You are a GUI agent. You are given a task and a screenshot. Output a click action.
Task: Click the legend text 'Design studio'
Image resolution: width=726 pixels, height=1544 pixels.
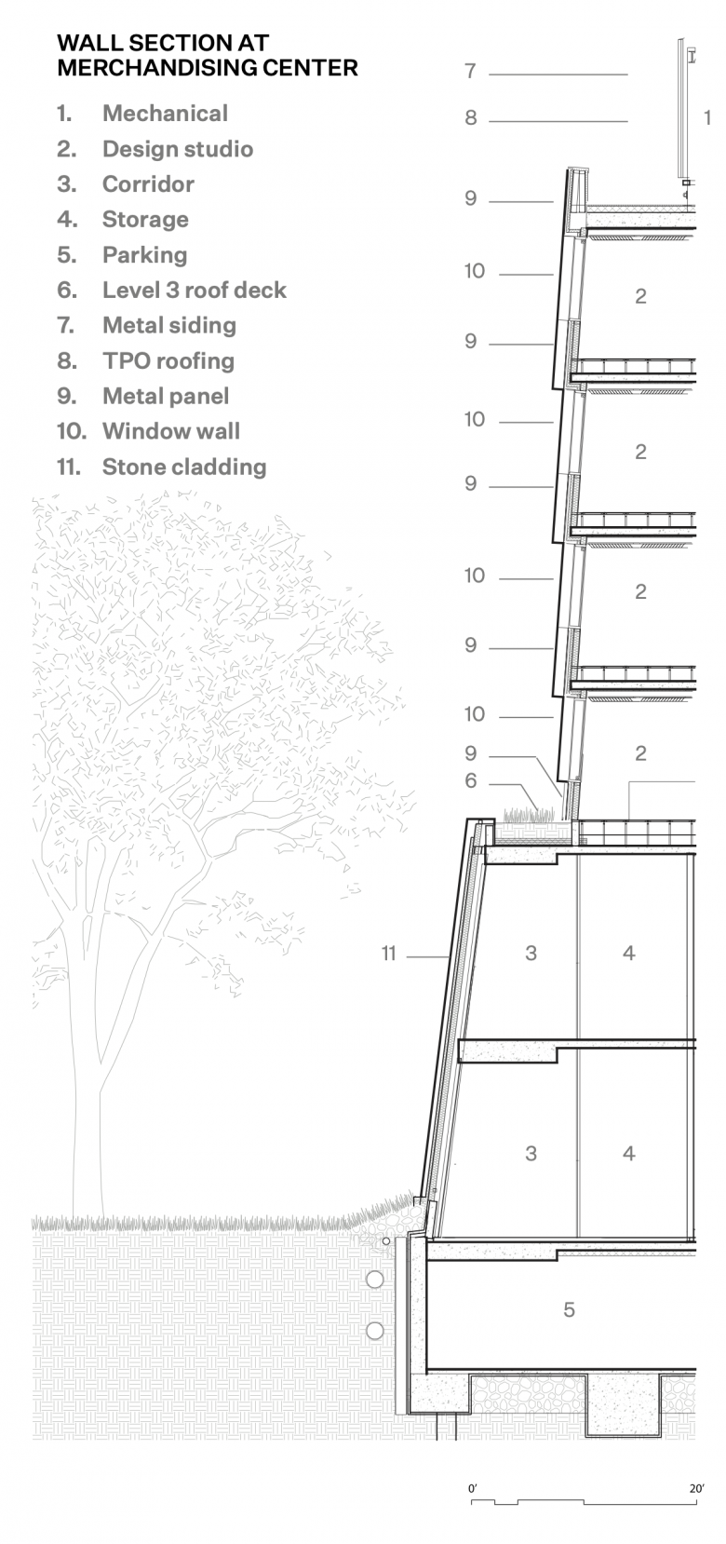(x=178, y=150)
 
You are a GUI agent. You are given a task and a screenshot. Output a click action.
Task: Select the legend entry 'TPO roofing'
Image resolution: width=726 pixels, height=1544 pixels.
(x=168, y=361)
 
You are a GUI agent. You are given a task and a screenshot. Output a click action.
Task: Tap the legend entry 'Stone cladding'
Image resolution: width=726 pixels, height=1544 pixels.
(x=184, y=467)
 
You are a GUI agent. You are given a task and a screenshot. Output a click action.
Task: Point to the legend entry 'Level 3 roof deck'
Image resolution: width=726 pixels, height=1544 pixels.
(x=195, y=291)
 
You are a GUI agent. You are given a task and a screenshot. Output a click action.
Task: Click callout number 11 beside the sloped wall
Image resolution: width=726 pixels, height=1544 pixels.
(x=388, y=954)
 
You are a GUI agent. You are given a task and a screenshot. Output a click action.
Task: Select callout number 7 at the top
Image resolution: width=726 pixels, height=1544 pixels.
(x=470, y=71)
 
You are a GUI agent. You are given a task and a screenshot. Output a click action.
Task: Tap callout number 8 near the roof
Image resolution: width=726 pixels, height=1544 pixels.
(x=470, y=118)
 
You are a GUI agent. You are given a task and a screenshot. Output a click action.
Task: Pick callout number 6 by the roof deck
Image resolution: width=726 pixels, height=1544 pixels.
(x=470, y=781)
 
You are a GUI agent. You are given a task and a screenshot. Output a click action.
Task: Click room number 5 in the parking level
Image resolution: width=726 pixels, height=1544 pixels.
(x=569, y=1309)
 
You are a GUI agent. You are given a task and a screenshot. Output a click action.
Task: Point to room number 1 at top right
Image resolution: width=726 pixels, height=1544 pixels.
(x=707, y=118)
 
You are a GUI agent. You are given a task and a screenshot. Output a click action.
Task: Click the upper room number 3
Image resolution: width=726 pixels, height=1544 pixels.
(x=531, y=954)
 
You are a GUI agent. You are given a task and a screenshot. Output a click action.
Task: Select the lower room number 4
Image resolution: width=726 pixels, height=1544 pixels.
(x=628, y=1153)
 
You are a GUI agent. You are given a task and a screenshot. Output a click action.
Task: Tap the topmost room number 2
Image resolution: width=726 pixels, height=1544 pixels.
(x=640, y=296)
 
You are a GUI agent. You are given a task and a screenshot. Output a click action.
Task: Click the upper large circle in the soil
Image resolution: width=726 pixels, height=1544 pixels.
(x=375, y=1280)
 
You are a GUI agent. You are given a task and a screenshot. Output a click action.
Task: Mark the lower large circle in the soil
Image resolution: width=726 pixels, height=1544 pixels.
(x=375, y=1331)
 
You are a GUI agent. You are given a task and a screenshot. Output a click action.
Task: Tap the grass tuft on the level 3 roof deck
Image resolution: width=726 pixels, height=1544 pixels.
(x=529, y=815)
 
